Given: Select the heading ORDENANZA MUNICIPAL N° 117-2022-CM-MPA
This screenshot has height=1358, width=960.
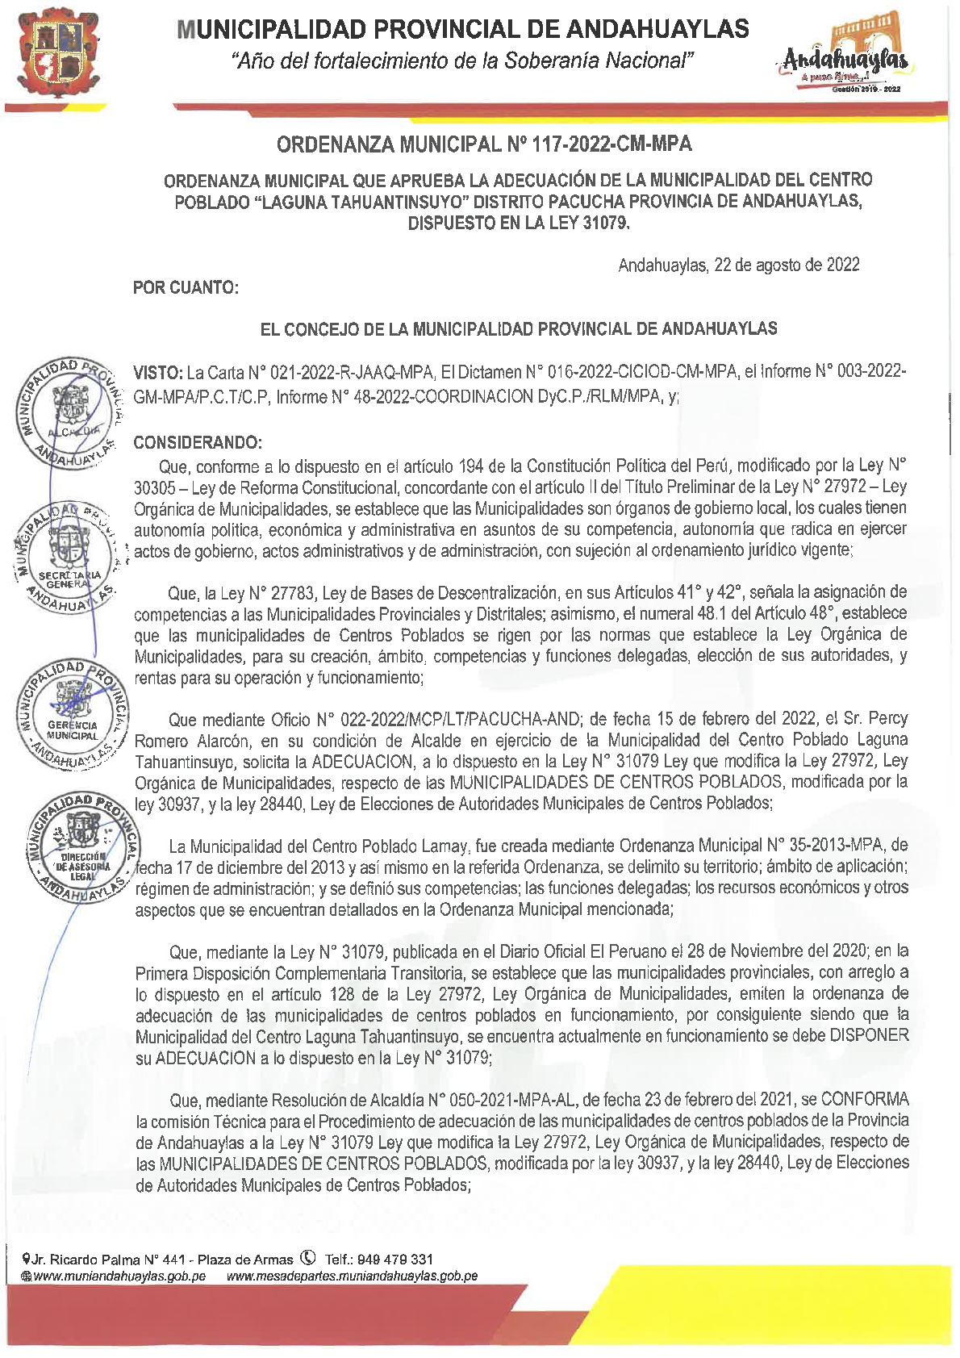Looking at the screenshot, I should pos(484,144).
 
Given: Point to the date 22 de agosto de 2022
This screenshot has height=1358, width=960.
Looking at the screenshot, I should pos(787,265).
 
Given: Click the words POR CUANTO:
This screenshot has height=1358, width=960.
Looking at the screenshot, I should pos(186,287).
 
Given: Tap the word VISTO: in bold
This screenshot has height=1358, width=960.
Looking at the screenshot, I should pos(158,372).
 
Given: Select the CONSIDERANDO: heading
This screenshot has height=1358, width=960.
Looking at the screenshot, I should pos(198,443).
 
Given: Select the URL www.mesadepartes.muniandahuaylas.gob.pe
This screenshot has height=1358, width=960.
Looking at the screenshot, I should pos(353,1277).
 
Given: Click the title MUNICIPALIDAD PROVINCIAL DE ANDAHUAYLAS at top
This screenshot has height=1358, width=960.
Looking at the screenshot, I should pos(463,30).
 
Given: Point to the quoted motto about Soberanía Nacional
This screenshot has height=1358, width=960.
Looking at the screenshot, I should pos(462,61).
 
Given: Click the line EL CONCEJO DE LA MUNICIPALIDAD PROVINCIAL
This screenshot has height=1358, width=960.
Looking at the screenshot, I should pos(518,328).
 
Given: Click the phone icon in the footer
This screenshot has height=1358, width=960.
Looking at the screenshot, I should pos(307,1257).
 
